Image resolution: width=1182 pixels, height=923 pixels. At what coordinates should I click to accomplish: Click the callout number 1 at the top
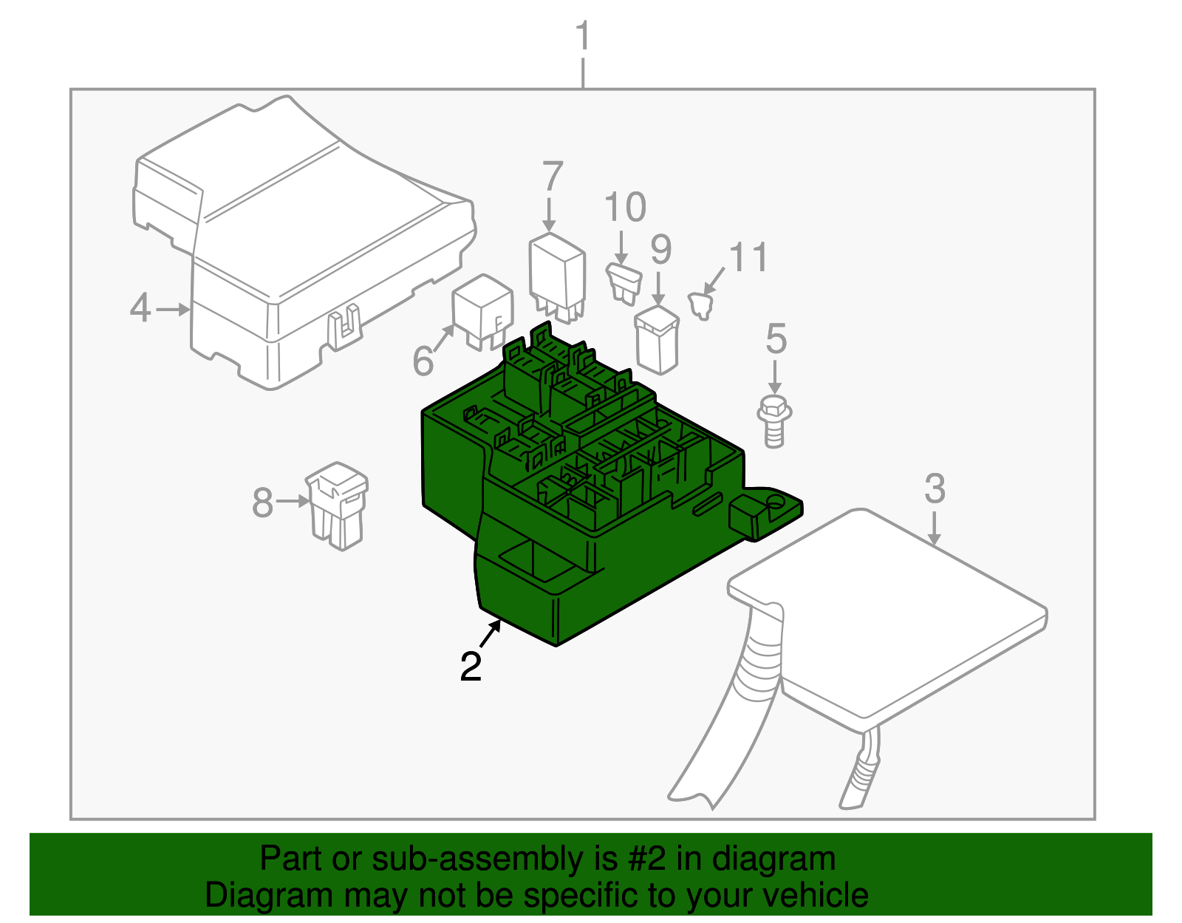click(x=583, y=35)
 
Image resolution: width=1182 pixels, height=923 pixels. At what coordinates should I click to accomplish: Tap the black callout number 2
click(x=471, y=667)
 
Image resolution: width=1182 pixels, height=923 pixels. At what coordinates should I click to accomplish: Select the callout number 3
click(x=935, y=488)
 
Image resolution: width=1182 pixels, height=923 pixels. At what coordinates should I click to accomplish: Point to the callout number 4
click(x=140, y=308)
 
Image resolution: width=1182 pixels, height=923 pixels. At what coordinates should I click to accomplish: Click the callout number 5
click(x=776, y=338)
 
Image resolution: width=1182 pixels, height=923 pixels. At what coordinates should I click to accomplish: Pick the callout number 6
click(x=423, y=360)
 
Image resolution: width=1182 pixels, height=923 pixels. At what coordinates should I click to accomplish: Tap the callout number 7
click(x=553, y=176)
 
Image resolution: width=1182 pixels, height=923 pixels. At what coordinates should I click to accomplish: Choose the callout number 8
click(x=262, y=503)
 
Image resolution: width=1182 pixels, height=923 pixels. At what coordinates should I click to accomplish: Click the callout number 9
click(x=661, y=250)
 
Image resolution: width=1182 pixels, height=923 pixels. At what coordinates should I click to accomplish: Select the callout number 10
click(x=626, y=207)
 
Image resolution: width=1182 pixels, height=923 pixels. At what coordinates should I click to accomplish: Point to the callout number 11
click(x=748, y=256)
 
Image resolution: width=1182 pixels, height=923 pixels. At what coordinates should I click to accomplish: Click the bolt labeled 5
click(x=774, y=422)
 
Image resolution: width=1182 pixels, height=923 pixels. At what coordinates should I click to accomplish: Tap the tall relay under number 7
click(x=557, y=278)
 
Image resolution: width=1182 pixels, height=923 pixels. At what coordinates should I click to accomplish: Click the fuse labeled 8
click(x=338, y=505)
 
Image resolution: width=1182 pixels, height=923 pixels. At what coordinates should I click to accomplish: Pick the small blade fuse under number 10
click(x=624, y=283)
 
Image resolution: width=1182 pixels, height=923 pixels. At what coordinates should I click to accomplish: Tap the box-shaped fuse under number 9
click(x=657, y=341)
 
